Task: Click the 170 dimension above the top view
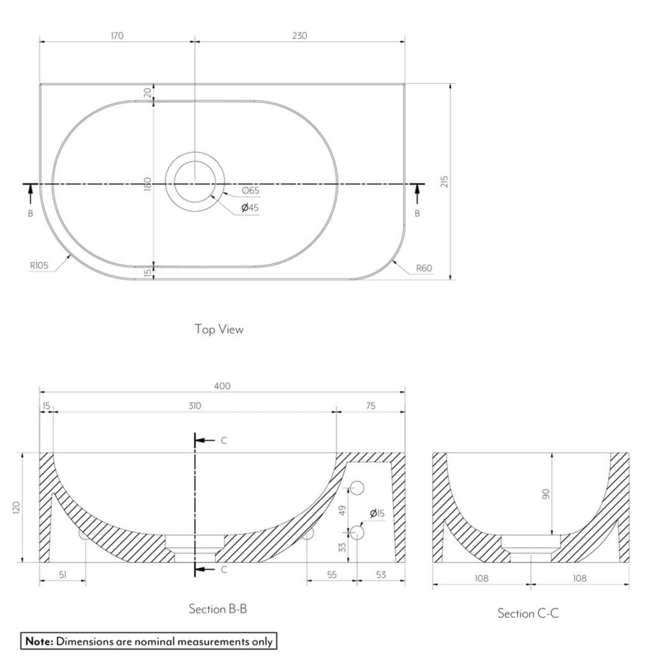coord(117,35)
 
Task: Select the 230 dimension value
coord(300,35)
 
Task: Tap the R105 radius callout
coord(39,266)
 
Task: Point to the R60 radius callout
coord(424,269)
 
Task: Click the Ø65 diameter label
coord(251,190)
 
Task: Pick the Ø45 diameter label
coord(250,208)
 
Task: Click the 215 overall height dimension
coord(444,182)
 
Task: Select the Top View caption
coord(219,329)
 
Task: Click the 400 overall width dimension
coord(222,386)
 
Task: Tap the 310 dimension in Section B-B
coord(195,406)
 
